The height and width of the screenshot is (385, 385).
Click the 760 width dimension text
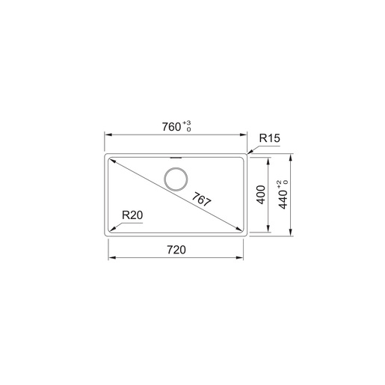pyautogui.click(x=172, y=126)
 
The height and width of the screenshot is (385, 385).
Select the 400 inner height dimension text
pyautogui.click(x=261, y=194)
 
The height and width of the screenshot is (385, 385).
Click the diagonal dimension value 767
pyautogui.click(x=200, y=200)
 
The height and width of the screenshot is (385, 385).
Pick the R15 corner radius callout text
pyautogui.click(x=269, y=138)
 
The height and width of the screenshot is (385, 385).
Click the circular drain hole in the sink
pyautogui.click(x=176, y=180)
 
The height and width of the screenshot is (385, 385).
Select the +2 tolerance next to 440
pyautogui.click(x=279, y=182)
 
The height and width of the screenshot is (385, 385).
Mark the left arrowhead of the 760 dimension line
pyautogui.click(x=105, y=135)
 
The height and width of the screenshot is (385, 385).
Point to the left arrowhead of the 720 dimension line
pyautogui.click(x=112, y=257)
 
